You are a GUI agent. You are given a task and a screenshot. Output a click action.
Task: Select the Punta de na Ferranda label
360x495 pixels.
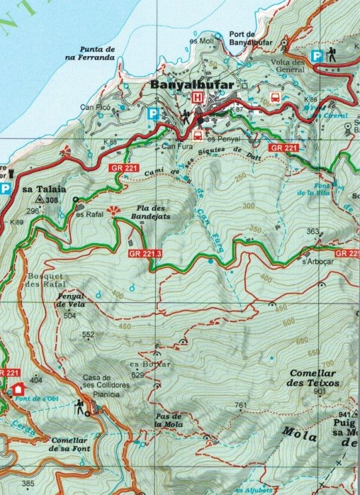coord(97,53)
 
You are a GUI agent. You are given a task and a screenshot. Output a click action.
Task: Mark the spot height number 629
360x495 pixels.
coord(137,375)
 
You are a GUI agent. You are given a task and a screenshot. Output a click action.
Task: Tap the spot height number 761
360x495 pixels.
coord(240,405)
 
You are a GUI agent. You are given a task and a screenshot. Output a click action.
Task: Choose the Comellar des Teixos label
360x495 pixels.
coord(314,378)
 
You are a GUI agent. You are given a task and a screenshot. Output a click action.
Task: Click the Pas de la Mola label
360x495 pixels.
coord(168,420)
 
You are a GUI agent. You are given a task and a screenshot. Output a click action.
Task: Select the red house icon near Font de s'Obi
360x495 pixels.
coord(17,389)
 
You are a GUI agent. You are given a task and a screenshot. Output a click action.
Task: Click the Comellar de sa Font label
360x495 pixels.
coord(74,444)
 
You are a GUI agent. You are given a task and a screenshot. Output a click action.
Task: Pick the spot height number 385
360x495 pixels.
coord(28,484)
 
